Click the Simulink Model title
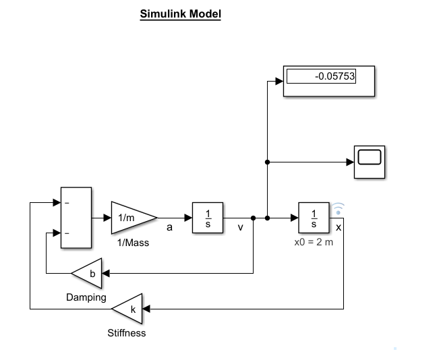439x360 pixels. (x=180, y=13)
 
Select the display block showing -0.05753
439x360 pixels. (x=328, y=82)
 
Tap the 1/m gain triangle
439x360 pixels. (x=130, y=218)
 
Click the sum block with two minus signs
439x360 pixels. (x=76, y=218)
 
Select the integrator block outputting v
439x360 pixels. (x=208, y=218)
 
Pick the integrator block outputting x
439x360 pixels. (x=314, y=218)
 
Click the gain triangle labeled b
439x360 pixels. (x=89, y=273)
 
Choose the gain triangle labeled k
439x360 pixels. (x=129, y=309)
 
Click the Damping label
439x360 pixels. (x=86, y=297)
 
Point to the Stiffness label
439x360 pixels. (x=127, y=333)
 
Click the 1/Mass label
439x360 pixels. (x=133, y=243)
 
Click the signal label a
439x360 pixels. (x=169, y=228)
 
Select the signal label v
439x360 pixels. (x=240, y=228)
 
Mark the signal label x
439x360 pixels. (x=338, y=227)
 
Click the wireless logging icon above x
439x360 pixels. (x=339, y=208)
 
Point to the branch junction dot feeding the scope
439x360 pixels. (x=268, y=162)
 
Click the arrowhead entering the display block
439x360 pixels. (x=279, y=82)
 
